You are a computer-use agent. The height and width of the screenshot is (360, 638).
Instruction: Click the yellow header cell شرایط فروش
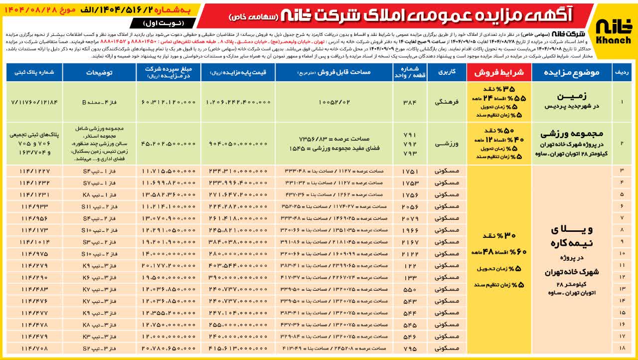tap(498, 73)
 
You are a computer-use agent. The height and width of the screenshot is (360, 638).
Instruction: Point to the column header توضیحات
tap(99, 73)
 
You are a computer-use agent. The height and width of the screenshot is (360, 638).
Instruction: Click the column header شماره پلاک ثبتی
tap(34, 73)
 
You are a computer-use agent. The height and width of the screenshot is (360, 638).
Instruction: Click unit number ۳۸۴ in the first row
tap(410, 102)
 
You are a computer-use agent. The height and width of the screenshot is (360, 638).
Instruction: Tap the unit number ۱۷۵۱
tap(410, 171)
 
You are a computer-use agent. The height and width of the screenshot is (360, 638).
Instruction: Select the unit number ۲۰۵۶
tap(410, 206)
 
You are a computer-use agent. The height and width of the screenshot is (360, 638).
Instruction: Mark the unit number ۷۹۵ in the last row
tap(410, 348)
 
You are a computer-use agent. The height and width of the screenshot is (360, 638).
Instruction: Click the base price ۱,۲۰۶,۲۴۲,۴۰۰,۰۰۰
tap(238, 102)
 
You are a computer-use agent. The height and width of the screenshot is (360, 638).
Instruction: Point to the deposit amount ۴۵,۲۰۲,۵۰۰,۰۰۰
tap(168, 143)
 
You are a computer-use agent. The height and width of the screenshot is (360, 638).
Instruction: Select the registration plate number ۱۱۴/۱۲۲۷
tap(34, 171)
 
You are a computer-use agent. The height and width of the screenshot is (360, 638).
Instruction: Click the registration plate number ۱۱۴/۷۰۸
tap(34, 348)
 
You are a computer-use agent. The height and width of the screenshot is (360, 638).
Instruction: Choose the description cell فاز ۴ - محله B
tap(99, 102)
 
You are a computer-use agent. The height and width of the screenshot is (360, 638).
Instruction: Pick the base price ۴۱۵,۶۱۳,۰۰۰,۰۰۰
tap(238, 348)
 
